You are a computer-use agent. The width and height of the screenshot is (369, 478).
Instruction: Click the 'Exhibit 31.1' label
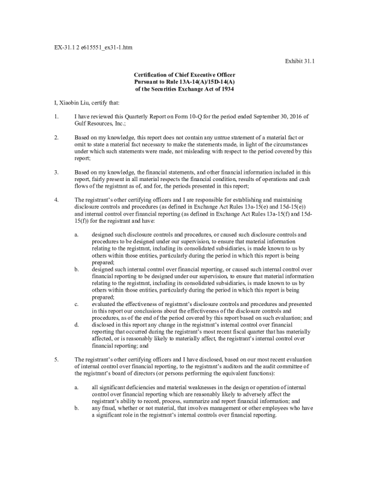(300, 61)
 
